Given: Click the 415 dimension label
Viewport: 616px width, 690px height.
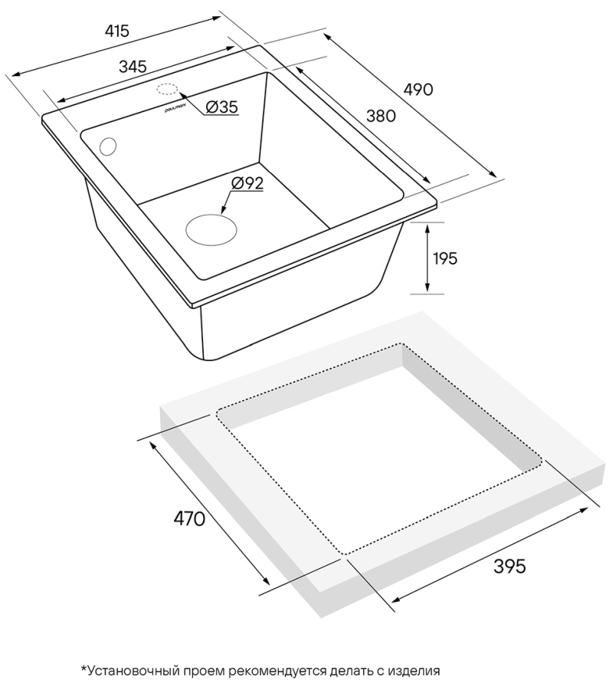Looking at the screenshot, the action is click(117, 31).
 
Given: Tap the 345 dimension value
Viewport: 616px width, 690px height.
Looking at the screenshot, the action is click(133, 67).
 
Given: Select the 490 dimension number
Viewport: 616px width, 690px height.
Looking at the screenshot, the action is click(418, 90).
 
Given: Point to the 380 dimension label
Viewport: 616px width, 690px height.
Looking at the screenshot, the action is click(381, 116).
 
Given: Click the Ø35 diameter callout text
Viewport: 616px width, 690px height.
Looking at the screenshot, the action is click(221, 107).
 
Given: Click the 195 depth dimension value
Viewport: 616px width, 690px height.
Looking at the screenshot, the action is click(445, 258).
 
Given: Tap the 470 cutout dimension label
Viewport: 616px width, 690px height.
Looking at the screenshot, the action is click(189, 519).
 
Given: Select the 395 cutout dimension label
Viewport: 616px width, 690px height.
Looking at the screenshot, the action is click(510, 567).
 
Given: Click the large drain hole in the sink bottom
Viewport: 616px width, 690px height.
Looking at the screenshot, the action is click(211, 230).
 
